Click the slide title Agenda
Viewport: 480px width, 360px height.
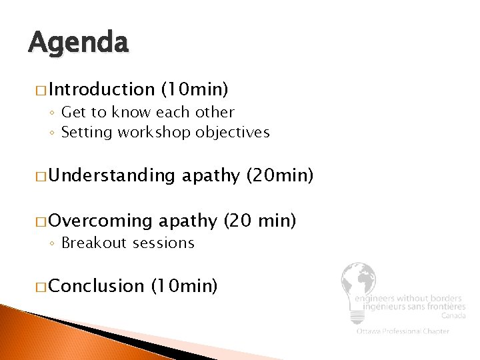(78, 44)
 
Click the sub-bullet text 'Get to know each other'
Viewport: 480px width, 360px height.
(147, 112)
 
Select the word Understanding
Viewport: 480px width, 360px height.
(111, 176)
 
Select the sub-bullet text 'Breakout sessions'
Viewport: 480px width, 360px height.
(127, 243)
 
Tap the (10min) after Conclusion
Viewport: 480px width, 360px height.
(185, 287)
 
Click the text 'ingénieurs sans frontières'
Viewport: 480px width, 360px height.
(409, 307)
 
